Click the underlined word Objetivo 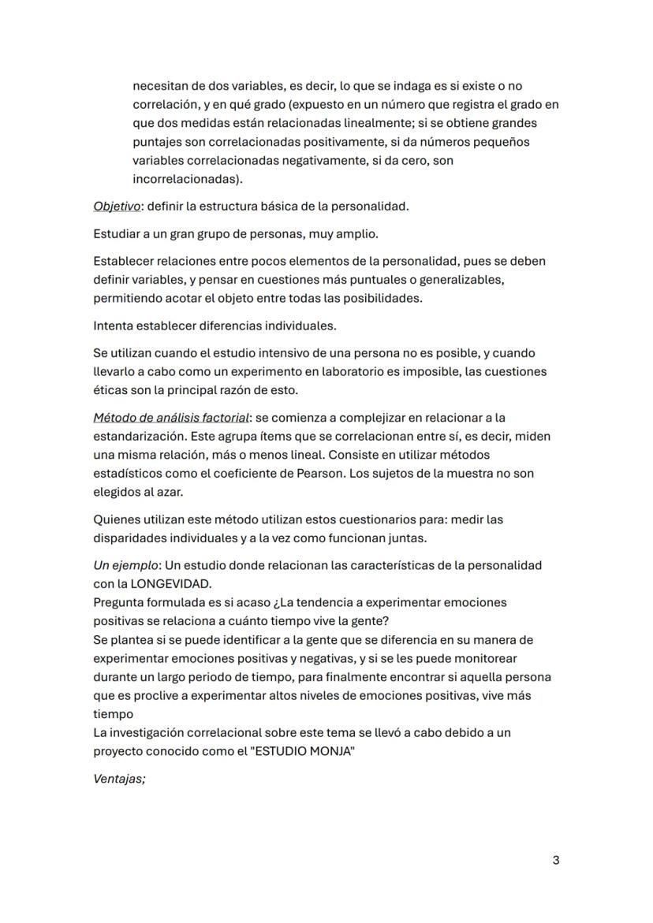tap(117, 207)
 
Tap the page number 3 tap(556, 860)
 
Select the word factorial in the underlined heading tap(218, 417)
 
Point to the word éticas tap(110, 389)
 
